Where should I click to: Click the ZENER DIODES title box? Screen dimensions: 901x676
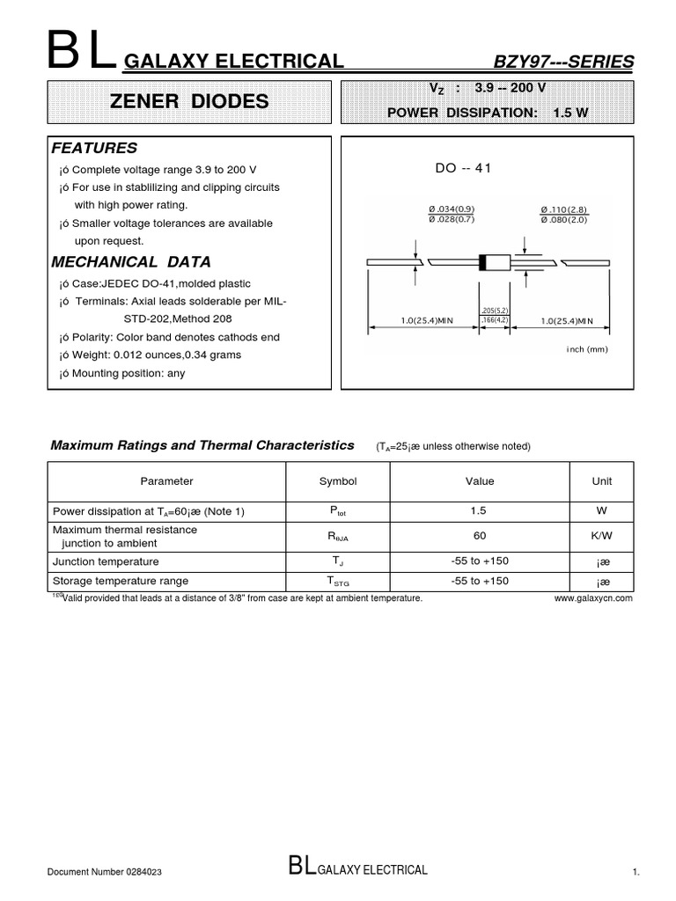click(189, 101)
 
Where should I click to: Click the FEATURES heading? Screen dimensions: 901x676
click(94, 148)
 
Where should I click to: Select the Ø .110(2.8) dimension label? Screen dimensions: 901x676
click(563, 209)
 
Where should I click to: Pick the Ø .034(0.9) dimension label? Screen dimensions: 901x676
click(452, 209)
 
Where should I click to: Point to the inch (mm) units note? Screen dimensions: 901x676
click(586, 349)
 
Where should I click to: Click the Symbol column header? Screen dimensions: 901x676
click(338, 481)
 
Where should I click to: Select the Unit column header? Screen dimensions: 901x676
click(603, 481)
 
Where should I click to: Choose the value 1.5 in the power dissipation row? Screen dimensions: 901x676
click(480, 511)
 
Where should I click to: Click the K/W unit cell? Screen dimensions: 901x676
click(603, 536)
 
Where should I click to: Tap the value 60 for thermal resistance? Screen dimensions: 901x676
click(480, 536)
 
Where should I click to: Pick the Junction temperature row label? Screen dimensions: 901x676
click(106, 561)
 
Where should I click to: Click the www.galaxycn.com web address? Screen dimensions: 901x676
click(594, 597)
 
